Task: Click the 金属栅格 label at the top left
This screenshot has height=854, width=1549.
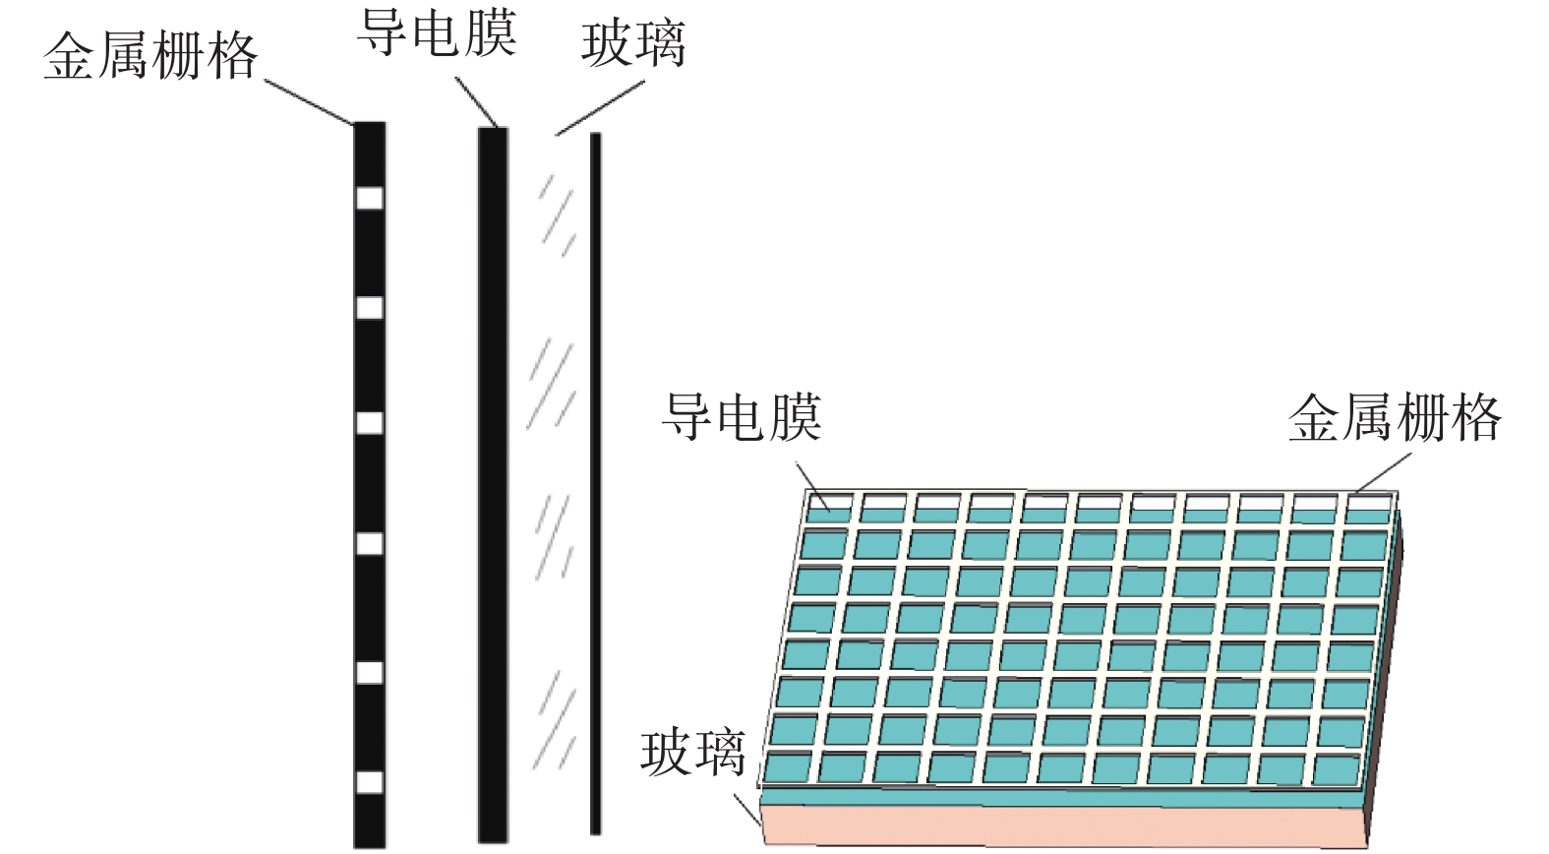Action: click(149, 56)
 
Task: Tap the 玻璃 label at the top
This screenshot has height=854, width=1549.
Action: click(632, 45)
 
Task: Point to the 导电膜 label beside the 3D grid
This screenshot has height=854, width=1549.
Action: click(741, 416)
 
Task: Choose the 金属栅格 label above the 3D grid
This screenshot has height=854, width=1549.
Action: click(1395, 418)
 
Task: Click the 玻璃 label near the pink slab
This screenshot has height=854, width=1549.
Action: click(692, 753)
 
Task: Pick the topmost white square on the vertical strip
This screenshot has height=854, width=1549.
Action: click(369, 199)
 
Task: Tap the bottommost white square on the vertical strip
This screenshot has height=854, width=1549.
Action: click(369, 782)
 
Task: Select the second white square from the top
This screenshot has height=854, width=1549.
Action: click(369, 308)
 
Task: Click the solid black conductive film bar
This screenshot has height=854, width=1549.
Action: click(493, 482)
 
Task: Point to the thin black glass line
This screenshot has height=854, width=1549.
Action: click(595, 482)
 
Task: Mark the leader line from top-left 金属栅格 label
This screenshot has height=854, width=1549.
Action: click(308, 101)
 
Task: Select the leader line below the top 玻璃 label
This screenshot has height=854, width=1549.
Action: click(600, 108)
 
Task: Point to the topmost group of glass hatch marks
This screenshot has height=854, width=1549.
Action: click(557, 213)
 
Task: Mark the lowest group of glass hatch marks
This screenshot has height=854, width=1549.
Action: click(553, 723)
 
